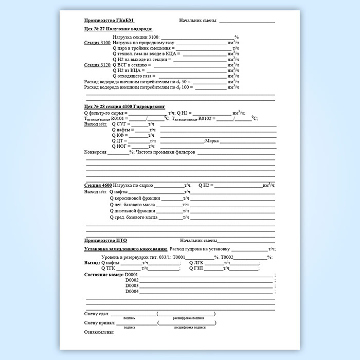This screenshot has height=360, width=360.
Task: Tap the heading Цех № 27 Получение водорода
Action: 118,29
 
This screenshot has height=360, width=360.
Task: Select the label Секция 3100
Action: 97,43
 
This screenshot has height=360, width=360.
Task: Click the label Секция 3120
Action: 97,65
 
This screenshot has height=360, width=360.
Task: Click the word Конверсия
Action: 95,153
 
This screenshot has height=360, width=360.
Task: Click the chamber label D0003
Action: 132,285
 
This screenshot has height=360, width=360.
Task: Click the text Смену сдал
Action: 96,314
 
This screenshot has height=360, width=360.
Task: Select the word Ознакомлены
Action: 98,332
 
